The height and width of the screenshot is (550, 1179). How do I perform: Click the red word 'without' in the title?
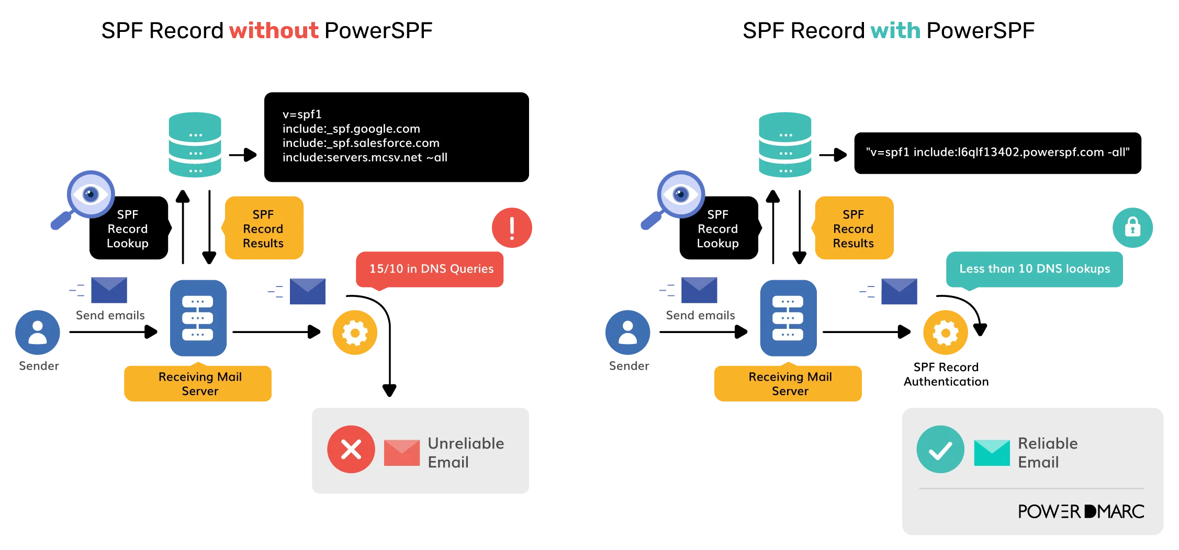(274, 30)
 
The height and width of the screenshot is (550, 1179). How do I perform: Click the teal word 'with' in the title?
(895, 30)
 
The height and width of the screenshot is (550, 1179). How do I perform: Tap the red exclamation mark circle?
(512, 228)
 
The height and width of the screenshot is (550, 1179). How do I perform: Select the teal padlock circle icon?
(1132, 228)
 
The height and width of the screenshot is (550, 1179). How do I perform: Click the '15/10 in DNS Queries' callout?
(430, 269)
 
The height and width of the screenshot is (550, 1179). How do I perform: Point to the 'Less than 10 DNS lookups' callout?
(1034, 269)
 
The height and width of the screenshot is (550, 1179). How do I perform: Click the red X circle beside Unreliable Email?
(351, 449)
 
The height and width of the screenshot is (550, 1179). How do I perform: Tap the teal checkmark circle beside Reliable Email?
(940, 449)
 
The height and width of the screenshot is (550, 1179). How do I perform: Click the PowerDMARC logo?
(1081, 511)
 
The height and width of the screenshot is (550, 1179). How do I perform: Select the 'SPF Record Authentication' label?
(946, 374)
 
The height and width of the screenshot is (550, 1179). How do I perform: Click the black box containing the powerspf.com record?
(997, 153)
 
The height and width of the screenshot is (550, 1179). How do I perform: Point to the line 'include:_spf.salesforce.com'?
(361, 143)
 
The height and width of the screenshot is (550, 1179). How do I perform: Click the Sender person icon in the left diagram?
(38, 333)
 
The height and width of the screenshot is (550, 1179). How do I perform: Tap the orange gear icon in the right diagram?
(946, 333)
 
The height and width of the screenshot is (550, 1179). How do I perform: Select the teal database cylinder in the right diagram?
(785, 145)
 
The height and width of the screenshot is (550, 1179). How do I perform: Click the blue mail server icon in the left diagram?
(198, 318)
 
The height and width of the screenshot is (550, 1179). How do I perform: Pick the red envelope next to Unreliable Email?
(402, 453)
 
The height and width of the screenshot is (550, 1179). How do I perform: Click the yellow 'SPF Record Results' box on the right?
(854, 228)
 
